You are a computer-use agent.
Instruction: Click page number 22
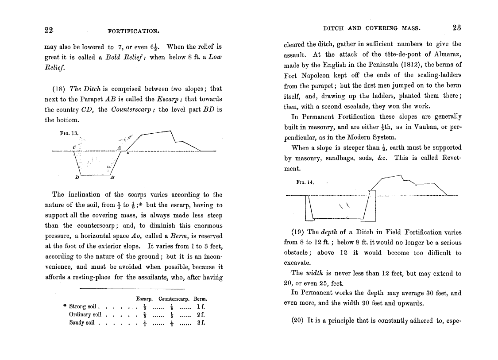49,30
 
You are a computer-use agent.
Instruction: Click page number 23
457,28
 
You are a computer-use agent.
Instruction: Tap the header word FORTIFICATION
133,31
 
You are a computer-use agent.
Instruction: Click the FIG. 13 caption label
69,133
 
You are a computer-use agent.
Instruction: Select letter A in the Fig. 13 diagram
119,147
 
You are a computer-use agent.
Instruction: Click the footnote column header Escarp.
145,299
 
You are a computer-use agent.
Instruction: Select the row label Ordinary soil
85,314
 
